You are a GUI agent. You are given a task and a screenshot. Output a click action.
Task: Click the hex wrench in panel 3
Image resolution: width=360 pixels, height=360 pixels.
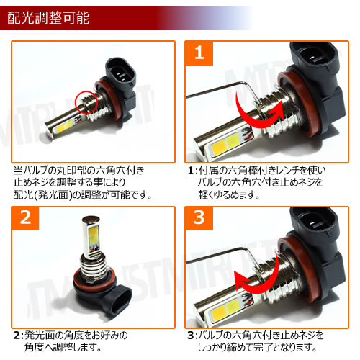click(x=216, y=256)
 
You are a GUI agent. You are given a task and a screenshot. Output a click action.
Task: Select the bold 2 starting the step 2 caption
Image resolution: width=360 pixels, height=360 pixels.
click(x=16, y=336)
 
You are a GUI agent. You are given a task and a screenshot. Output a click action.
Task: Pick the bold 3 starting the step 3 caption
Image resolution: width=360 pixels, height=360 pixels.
click(x=191, y=336)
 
